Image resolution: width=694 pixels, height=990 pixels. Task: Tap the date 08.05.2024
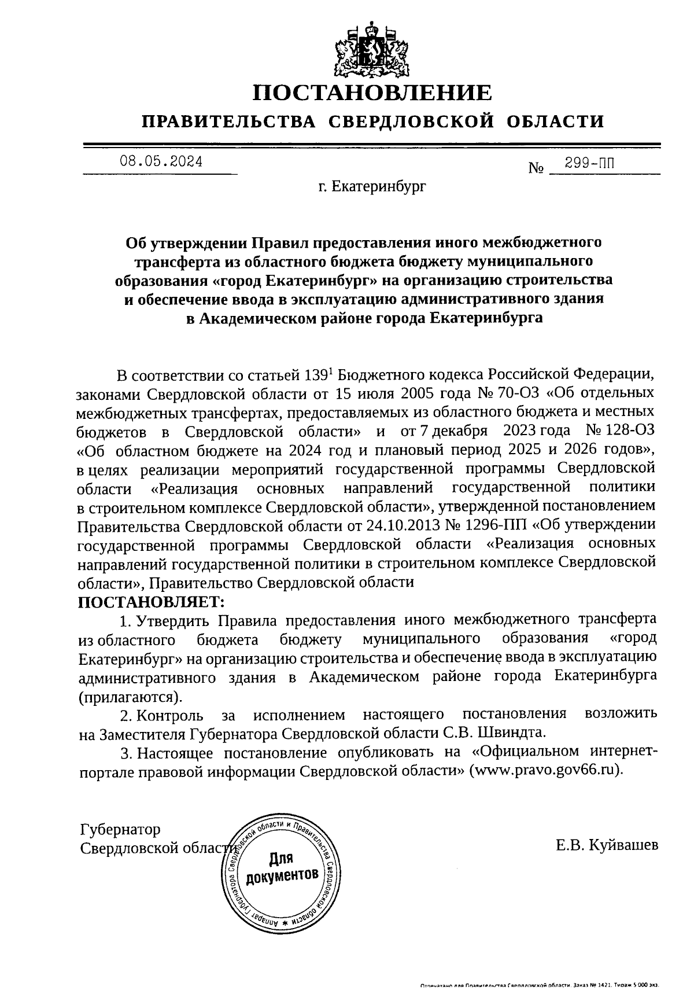point(161,162)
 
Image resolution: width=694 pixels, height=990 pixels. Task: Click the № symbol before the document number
point(537,168)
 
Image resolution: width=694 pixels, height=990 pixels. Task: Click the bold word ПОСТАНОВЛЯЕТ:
point(151,601)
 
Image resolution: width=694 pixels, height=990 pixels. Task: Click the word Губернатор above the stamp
point(120,829)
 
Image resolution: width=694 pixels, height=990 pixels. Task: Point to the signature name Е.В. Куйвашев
point(607,846)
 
